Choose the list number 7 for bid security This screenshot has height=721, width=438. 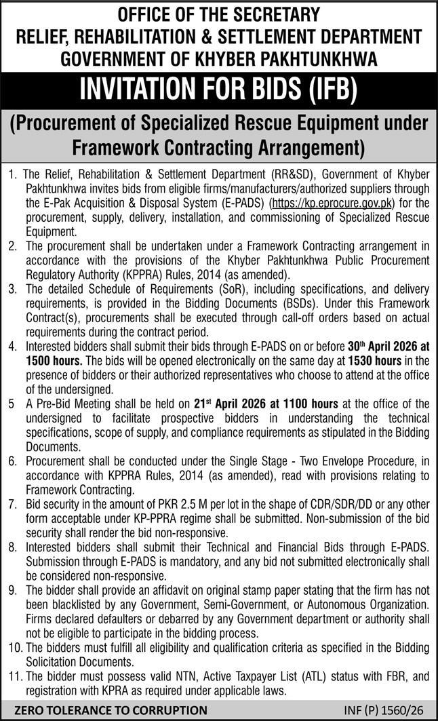(12, 505)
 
